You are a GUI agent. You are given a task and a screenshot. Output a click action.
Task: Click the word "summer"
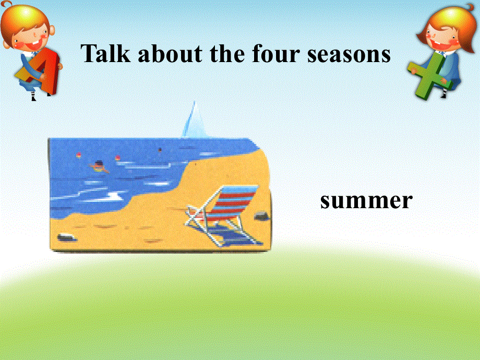click(x=366, y=200)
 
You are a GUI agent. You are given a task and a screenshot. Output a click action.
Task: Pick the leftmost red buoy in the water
click(x=79, y=154)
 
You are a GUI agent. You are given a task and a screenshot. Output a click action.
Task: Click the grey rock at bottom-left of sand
click(x=67, y=238)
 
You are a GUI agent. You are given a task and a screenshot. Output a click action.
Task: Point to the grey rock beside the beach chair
click(x=260, y=214)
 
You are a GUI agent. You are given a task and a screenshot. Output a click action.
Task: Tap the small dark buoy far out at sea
click(x=160, y=149)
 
